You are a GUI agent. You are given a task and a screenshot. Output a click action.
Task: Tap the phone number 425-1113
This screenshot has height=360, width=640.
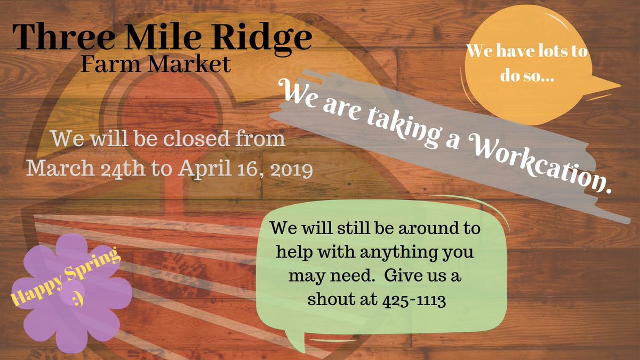[414, 300]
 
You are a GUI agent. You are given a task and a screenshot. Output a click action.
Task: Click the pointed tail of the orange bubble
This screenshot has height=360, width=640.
[613, 85]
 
